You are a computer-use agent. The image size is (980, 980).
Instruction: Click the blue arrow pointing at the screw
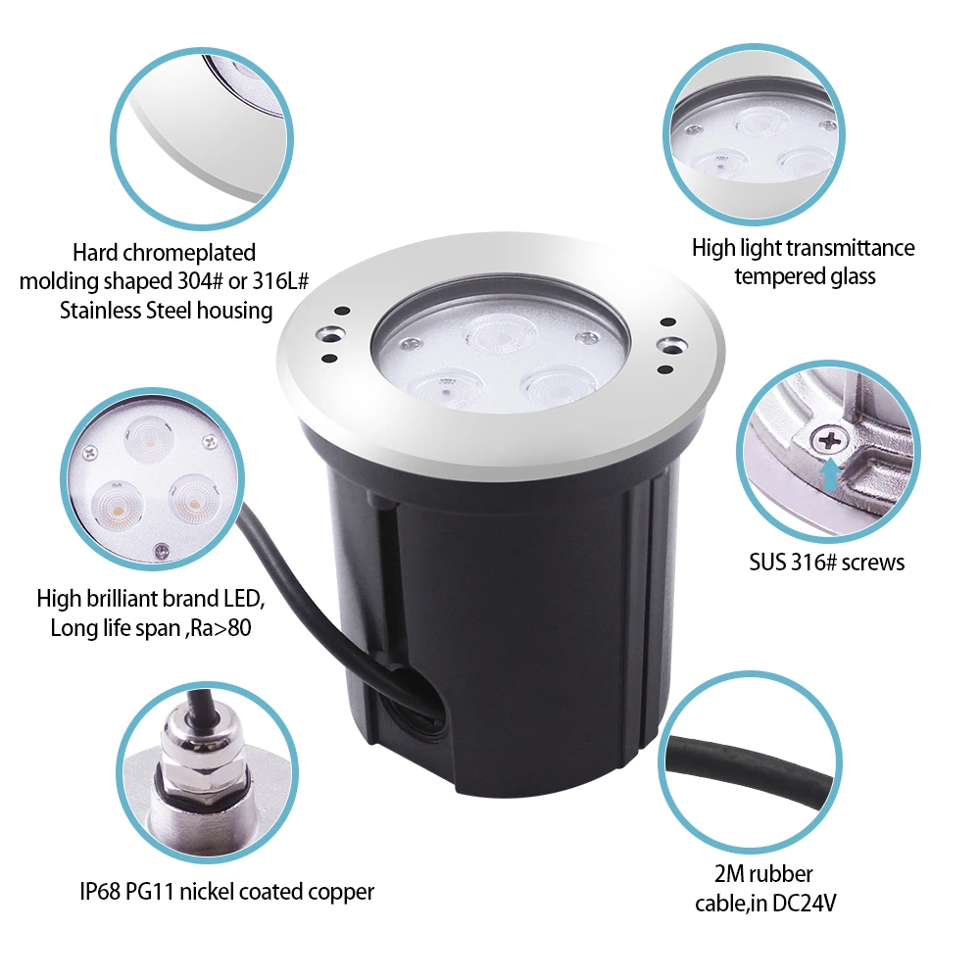[829, 474]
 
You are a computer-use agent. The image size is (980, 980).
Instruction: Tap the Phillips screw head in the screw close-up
[829, 441]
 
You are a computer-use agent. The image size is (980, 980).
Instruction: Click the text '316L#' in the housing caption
[280, 281]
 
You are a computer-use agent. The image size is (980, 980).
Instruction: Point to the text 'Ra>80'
[220, 627]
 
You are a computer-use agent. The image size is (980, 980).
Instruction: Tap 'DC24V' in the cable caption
[805, 904]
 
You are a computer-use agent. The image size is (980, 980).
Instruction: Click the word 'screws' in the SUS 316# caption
[873, 563]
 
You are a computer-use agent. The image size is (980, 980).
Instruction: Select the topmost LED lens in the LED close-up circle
[149, 437]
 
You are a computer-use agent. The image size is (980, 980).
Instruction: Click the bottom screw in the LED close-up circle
[162, 550]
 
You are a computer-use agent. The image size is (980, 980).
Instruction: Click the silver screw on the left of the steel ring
[329, 335]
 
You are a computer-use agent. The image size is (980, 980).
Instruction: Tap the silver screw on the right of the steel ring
[672, 345]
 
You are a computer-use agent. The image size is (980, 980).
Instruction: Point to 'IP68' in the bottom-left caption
[100, 891]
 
